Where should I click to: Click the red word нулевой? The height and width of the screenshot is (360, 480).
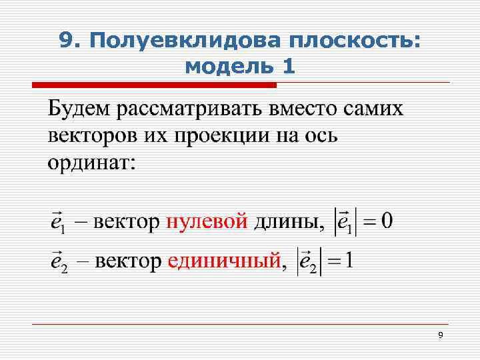pyautogui.click(x=207, y=221)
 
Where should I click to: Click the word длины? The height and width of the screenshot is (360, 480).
pyautogui.click(x=287, y=221)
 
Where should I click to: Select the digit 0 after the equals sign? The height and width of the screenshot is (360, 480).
pyautogui.click(x=386, y=221)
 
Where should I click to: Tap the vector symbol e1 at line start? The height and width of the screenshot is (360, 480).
pyautogui.click(x=57, y=223)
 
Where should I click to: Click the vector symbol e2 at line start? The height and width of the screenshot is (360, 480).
pyautogui.click(x=59, y=261)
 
